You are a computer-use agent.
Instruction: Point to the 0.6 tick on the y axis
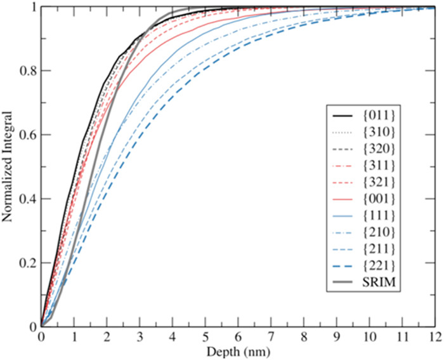[27, 135]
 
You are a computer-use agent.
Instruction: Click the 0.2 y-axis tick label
[27, 263]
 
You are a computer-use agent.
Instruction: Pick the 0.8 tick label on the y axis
[27, 70]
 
